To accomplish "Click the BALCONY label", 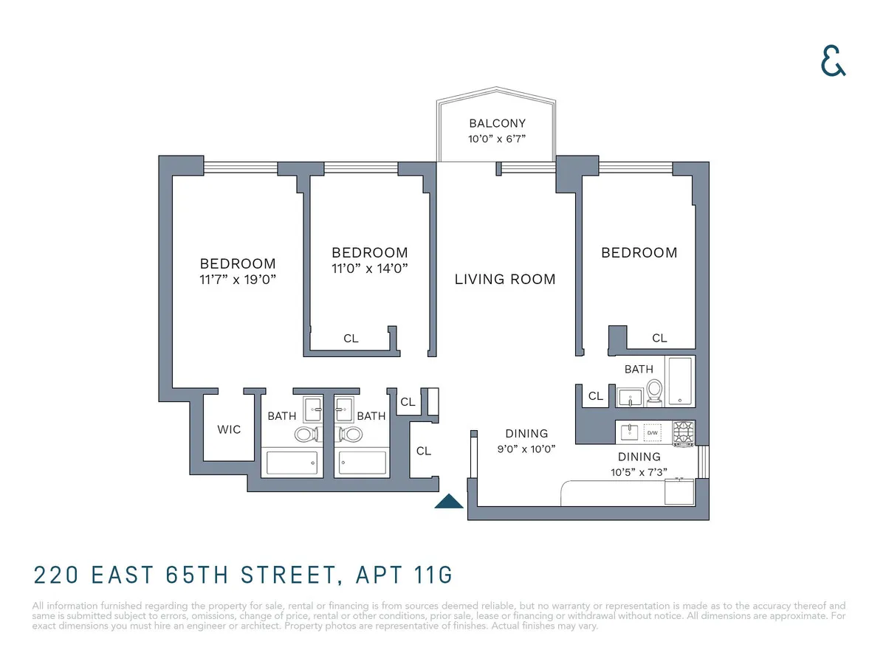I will pos(497,123).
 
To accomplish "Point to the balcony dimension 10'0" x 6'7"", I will pos(497,139).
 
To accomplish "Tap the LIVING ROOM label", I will pos(505,279).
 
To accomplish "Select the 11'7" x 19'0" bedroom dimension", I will pos(238,280).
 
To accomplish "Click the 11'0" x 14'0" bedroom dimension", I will pos(369,269).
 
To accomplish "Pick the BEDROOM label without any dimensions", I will pos(639,252).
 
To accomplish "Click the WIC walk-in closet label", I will pos(229,429).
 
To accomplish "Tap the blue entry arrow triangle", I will pos(448,502).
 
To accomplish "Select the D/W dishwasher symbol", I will pos(653,433).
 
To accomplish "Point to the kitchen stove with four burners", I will pos(684,433).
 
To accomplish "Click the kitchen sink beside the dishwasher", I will pos(629,432).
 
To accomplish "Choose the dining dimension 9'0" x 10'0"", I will pos(526,448).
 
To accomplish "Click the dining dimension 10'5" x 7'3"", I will pos(639,472).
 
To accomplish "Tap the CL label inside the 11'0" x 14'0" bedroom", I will pos(351,339).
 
